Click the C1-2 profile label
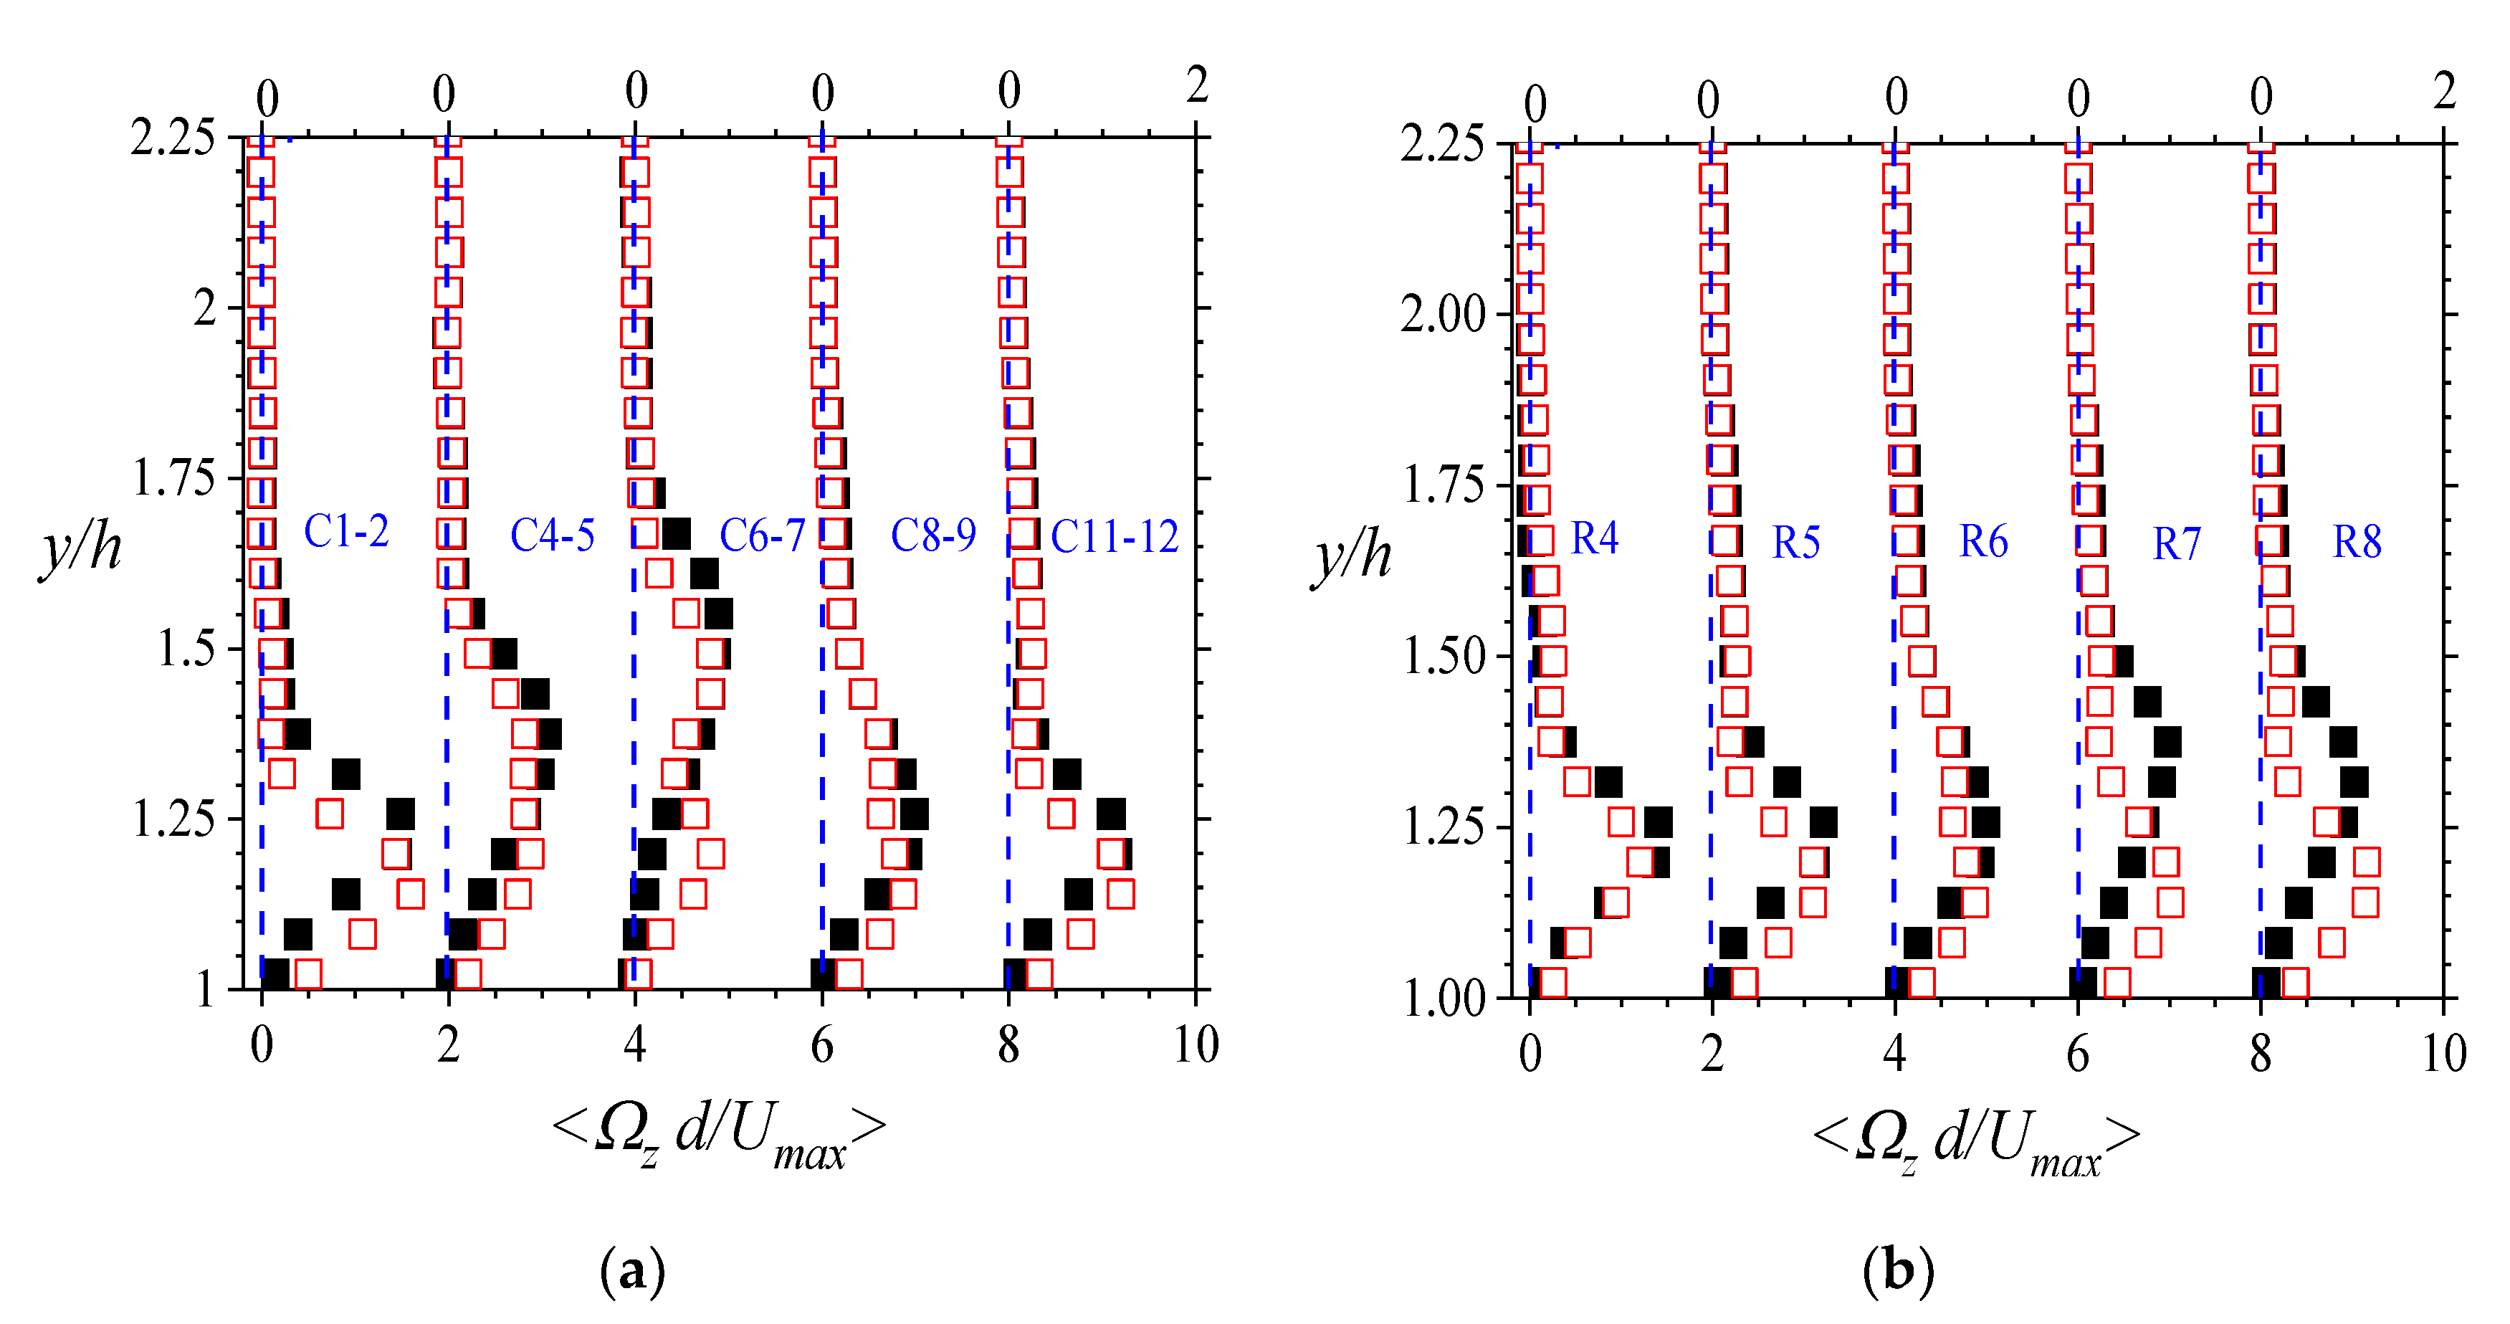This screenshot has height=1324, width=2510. pyautogui.click(x=346, y=532)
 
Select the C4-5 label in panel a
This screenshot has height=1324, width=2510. pyautogui.click(x=553, y=535)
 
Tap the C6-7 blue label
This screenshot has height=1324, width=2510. pyautogui.click(x=762, y=535)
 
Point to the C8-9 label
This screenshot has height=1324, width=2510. pyautogui.click(x=932, y=535)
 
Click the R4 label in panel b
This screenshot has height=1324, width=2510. pyautogui.click(x=1594, y=539)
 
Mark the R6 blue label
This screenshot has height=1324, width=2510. pyautogui.click(x=1983, y=542)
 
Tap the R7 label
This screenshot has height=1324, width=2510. pyautogui.click(x=2176, y=543)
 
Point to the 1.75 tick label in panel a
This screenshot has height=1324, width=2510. pyautogui.click(x=173, y=478)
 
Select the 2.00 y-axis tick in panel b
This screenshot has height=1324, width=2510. pyautogui.click(x=1442, y=315)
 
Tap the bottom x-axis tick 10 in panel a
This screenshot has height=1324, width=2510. pyautogui.click(x=1196, y=1045)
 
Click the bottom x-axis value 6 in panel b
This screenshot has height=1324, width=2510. pyautogui.click(x=2077, y=1054)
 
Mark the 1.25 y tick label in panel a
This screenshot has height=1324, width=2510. pyautogui.click(x=173, y=819)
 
